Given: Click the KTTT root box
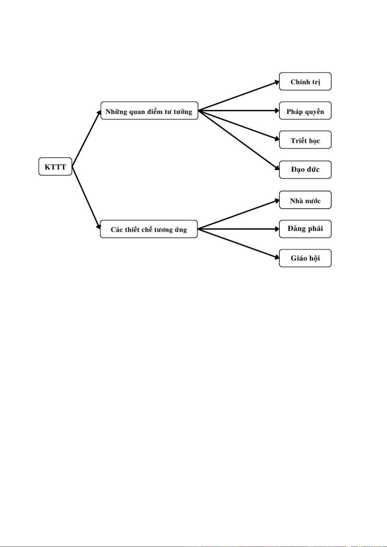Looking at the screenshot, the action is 55,167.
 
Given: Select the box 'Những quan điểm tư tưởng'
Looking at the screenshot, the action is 149,111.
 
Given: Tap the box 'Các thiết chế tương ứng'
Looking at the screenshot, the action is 149,229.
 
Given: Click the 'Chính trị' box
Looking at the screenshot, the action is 305,81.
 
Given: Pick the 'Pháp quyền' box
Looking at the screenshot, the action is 305,111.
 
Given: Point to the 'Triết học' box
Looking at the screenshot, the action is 305,140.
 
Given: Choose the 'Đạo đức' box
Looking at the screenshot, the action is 305,170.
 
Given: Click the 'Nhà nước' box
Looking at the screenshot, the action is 305,200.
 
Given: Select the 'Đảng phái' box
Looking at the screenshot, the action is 305,229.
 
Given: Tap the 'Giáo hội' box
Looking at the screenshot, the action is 305,258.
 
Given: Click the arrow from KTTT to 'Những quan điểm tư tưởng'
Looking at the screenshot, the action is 86,139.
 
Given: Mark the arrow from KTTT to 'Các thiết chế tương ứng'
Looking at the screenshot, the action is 86,198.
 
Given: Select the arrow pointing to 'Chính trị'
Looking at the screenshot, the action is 239,96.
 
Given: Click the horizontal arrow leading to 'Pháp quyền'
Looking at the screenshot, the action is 239,111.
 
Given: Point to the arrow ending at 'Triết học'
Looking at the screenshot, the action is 239,125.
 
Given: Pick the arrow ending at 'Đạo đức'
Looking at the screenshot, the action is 239,140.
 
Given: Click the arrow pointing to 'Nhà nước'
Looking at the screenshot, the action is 239,214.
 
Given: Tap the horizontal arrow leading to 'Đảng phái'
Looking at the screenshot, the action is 239,229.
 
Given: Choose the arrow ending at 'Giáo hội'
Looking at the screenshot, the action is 239,243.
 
